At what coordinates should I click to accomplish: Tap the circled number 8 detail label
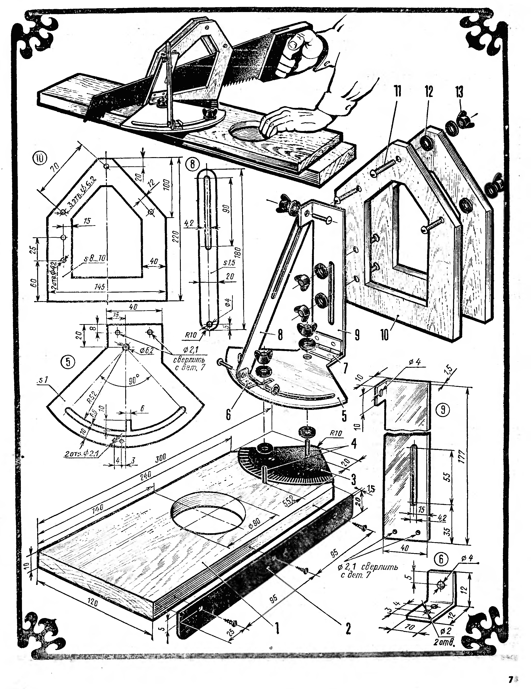click(192, 163)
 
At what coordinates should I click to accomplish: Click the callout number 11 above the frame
click(397, 92)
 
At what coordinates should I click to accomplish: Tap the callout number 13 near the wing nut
click(459, 92)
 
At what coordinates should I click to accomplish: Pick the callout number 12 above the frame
click(428, 92)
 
